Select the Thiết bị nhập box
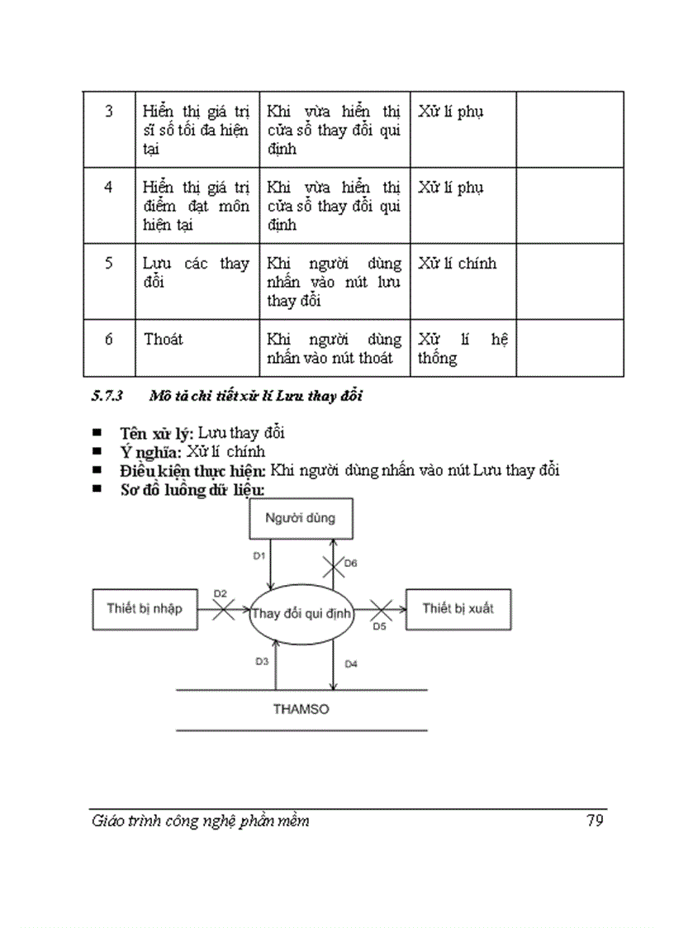click(x=145, y=609)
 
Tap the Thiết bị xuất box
click(x=458, y=609)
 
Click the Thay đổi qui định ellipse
click(x=301, y=614)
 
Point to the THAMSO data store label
click(x=301, y=709)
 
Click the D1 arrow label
click(x=258, y=556)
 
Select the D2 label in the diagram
click(x=220, y=593)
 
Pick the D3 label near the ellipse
click(x=262, y=662)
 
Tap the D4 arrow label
click(x=350, y=664)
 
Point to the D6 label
click(x=350, y=563)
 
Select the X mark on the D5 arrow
click(x=379, y=611)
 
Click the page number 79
click(x=594, y=821)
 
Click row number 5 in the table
click(x=109, y=264)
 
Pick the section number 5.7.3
click(x=107, y=396)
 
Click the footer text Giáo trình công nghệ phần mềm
click(x=201, y=821)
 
